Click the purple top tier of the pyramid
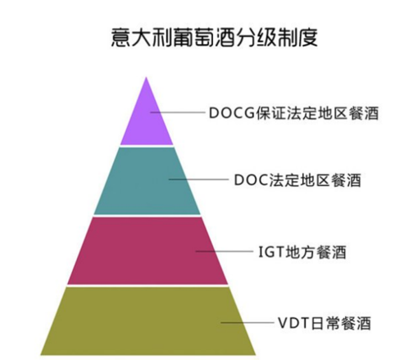tap(147, 121)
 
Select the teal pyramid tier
tap(147, 181)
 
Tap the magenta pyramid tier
tap(147, 251)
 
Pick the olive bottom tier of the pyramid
tap(148, 321)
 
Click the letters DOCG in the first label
tap(232, 113)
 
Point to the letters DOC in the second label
tap(252, 180)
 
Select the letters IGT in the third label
tap(271, 252)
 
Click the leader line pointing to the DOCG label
tap(178, 112)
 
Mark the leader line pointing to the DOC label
tap(198, 180)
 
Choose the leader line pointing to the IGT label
tap(225, 251)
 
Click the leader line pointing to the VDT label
tap(247, 322)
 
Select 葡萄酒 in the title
tap(203, 37)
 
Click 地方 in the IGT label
tap(300, 252)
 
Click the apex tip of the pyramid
tap(147, 77)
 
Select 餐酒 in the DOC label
tap(346, 180)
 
